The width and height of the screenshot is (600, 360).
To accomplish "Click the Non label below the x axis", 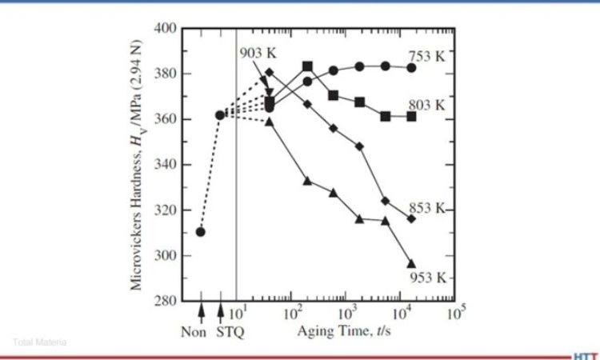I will click(x=200, y=330).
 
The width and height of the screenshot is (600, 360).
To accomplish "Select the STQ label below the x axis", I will click(x=229, y=330).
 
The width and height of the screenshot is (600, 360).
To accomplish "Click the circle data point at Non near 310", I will click(x=200, y=232).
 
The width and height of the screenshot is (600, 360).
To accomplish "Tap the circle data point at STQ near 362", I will click(x=220, y=115).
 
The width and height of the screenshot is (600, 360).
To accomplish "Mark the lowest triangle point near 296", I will click(x=411, y=263).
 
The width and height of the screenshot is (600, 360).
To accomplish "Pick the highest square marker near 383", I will click(x=307, y=66).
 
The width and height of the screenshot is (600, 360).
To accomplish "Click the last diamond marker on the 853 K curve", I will click(x=411, y=218).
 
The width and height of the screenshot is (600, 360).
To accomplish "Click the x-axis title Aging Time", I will click(x=340, y=330).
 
